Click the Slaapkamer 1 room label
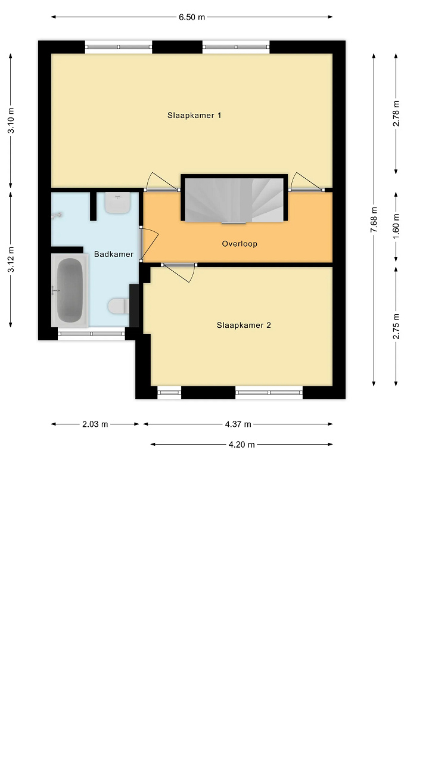coord(194,116)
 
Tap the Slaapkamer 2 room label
coord(244,325)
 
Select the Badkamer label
coord(114,254)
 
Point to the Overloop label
coord(240,244)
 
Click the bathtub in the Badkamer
coord(70,290)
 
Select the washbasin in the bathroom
coord(117,203)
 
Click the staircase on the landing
coord(234,200)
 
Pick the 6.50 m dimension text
coord(192,17)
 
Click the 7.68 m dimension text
coord(374,220)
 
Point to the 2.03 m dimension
coord(95,424)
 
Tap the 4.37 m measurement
coord(238,424)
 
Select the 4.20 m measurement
coord(242,445)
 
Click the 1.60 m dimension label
coord(396,227)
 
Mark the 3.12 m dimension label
coord(11,259)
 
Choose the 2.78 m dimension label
coord(396,114)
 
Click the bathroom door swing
coord(149,244)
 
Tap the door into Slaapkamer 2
coord(179,272)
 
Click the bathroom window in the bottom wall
coord(91,334)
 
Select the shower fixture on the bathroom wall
coord(57,215)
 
